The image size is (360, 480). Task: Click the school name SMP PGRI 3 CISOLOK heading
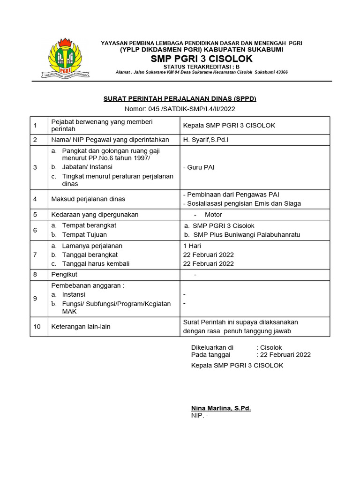point(202,59)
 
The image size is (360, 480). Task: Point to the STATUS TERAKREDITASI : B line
point(202,67)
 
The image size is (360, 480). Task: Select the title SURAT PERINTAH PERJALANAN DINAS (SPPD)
point(180,99)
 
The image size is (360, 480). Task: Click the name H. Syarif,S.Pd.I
point(206,140)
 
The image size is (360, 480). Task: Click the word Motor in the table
point(213,215)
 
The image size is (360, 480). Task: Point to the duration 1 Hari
point(192,246)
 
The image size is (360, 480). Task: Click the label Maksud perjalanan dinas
point(88,199)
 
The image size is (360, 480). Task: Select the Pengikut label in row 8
point(64,274)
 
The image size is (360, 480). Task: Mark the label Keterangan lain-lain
point(81,326)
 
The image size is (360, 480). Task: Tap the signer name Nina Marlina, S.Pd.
point(221,408)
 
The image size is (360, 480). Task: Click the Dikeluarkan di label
point(212,347)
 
